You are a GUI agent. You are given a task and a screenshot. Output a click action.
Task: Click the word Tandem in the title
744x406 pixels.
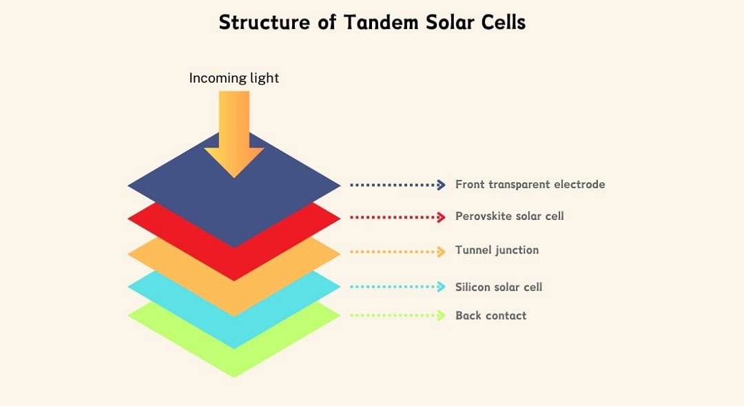coord(381,22)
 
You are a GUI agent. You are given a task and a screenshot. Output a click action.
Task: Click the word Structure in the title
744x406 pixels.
coord(264,22)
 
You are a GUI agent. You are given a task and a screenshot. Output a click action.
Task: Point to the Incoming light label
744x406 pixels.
coord(234,78)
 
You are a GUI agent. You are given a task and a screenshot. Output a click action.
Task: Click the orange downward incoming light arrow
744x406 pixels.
coord(234,134)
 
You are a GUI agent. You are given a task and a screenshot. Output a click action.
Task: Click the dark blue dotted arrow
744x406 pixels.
coord(397,185)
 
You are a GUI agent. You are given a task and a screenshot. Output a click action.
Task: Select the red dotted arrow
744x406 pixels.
coord(397,218)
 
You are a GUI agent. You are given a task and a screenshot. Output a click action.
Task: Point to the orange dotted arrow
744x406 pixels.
coord(397,252)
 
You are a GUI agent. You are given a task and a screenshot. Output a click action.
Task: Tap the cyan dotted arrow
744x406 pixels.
coord(397,287)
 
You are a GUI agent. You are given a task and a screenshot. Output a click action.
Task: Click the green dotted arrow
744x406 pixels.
coord(397,315)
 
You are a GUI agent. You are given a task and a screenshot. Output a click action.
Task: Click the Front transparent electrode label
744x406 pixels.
coord(530,184)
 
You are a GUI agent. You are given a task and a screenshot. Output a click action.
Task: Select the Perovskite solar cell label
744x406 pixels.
coord(510,216)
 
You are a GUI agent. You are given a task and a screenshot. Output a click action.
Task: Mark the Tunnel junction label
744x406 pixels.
coord(497,250)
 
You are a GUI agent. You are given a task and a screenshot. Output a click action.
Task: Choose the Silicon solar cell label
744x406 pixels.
coord(499,287)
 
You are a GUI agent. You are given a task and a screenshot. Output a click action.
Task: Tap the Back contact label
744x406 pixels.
coord(491,315)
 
